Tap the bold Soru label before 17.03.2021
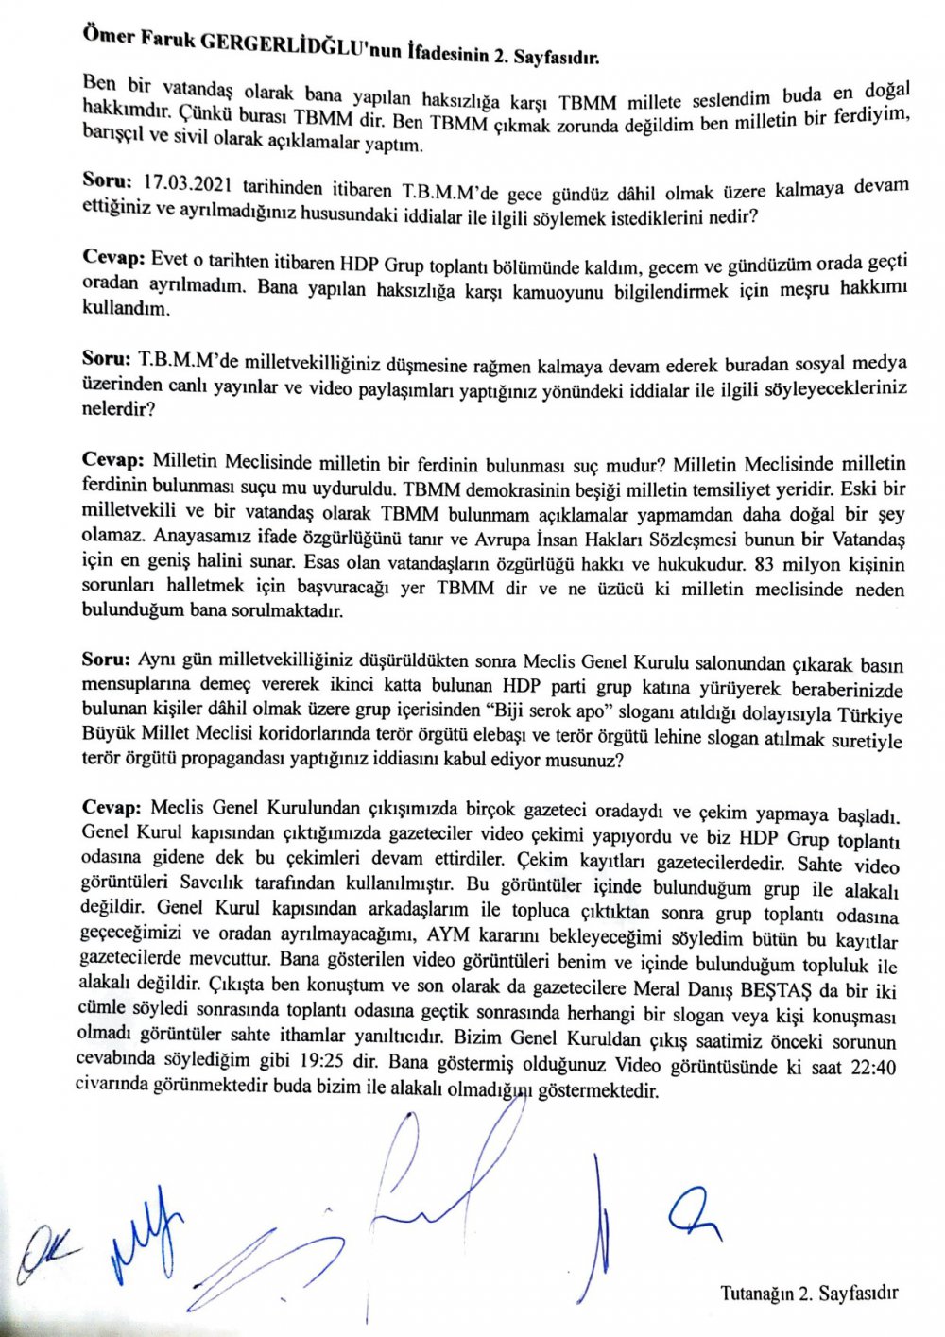[x=107, y=180]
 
